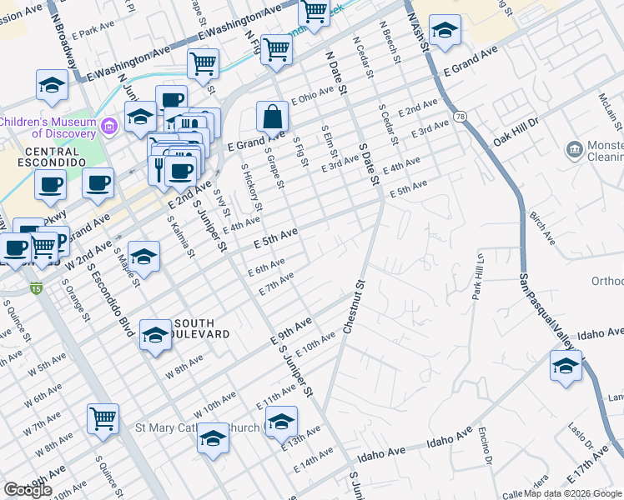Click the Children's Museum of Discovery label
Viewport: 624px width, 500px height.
[48, 127]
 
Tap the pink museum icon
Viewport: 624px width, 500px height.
[108, 127]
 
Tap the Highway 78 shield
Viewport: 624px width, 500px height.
[459, 114]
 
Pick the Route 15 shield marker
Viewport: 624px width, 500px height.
[36, 288]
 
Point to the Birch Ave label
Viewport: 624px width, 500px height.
[542, 226]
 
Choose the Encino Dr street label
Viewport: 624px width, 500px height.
[484, 449]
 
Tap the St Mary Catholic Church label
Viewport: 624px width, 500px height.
[196, 428]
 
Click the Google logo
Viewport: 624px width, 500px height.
[28, 490]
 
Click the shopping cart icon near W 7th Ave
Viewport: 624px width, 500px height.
[103, 419]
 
